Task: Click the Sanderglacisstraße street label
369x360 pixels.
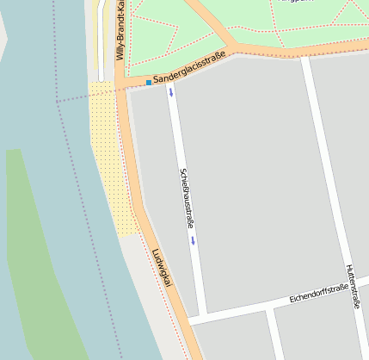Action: coord(189,68)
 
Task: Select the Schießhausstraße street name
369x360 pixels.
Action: coord(186,197)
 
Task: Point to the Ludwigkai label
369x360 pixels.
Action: coord(163,268)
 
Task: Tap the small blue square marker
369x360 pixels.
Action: coord(148,83)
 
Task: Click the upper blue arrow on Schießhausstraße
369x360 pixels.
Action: coord(170,91)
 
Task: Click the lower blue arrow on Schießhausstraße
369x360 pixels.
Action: coord(193,241)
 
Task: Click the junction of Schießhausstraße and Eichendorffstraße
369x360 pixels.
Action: coord(204,318)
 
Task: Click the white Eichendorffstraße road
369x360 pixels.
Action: coord(258,307)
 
